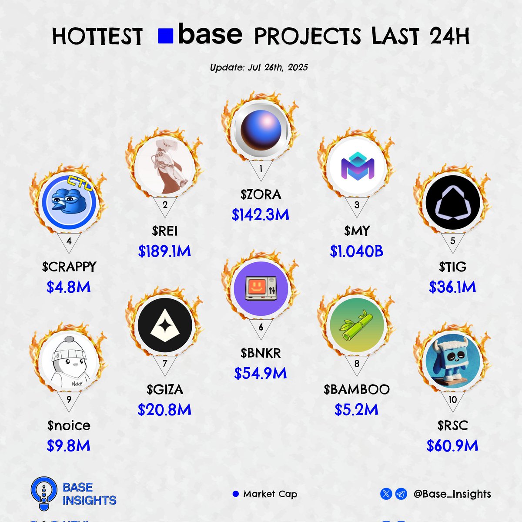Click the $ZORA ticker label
pyautogui.click(x=261, y=194)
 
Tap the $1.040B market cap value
pyautogui.click(x=357, y=251)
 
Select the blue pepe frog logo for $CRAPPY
pyautogui.click(x=69, y=202)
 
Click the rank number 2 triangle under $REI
pyautogui.click(x=165, y=207)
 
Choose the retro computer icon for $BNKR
pyautogui.click(x=261, y=288)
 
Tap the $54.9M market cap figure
pyautogui.click(x=261, y=373)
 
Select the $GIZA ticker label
pyautogui.click(x=165, y=389)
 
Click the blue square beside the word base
pyautogui.click(x=165, y=36)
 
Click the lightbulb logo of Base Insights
pyautogui.click(x=44, y=494)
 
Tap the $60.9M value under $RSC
pyautogui.click(x=452, y=445)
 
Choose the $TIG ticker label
pyautogui.click(x=453, y=267)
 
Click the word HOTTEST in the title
pyautogui.click(x=97, y=36)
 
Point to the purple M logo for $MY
pyautogui.click(x=358, y=166)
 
